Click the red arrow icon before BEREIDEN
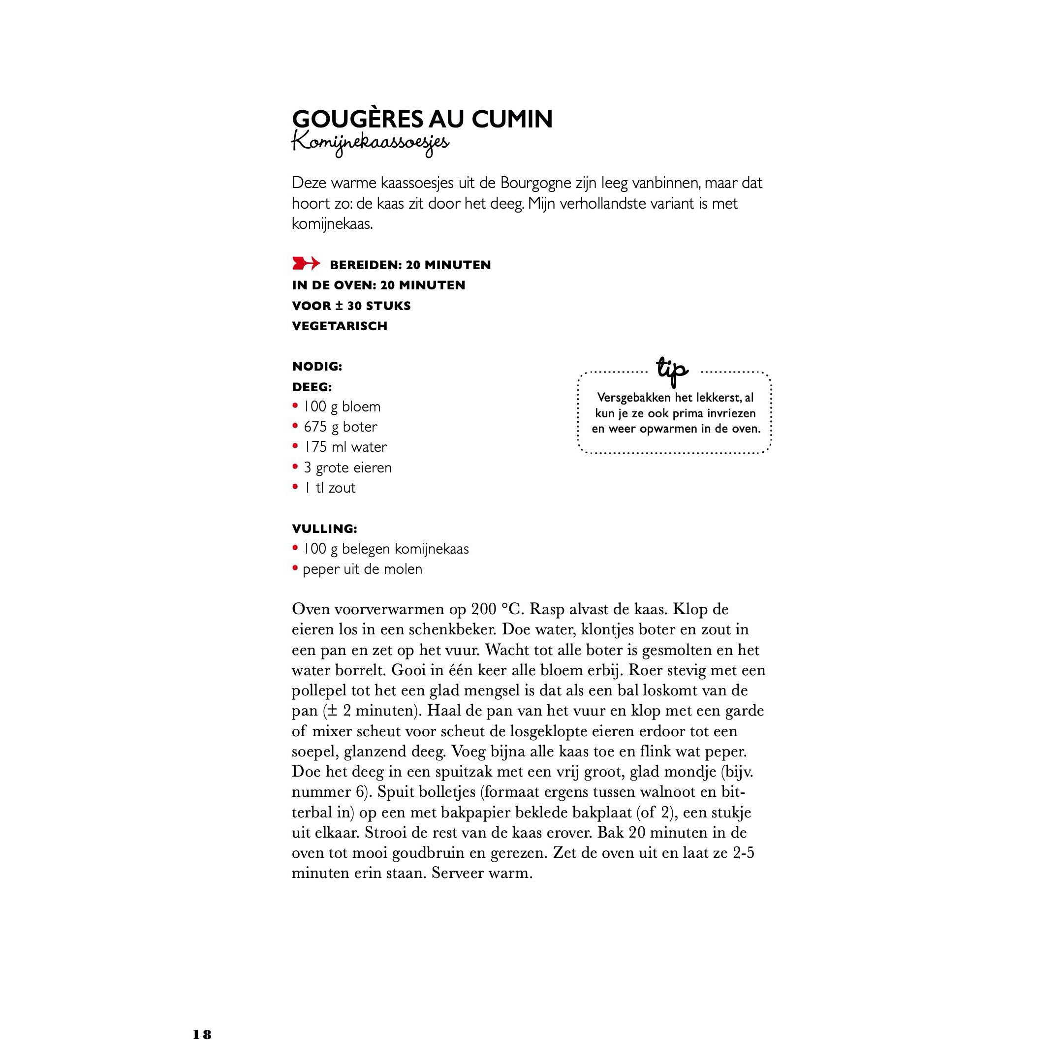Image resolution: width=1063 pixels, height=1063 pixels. point(305,264)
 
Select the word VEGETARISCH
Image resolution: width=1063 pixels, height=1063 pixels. point(340,326)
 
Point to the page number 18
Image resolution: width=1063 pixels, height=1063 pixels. point(202,1035)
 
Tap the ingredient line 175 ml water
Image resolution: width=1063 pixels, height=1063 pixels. point(345,447)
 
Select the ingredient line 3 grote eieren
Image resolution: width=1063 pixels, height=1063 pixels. point(347,468)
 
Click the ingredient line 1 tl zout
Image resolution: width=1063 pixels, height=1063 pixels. point(330,488)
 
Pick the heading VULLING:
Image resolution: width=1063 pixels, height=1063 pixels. point(324,529)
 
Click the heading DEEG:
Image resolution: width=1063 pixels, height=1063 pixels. point(312,387)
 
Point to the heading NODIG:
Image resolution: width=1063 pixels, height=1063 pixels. point(317,367)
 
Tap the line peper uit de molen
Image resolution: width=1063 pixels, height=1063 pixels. point(362,569)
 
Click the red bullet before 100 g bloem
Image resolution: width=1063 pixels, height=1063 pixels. point(295,406)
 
